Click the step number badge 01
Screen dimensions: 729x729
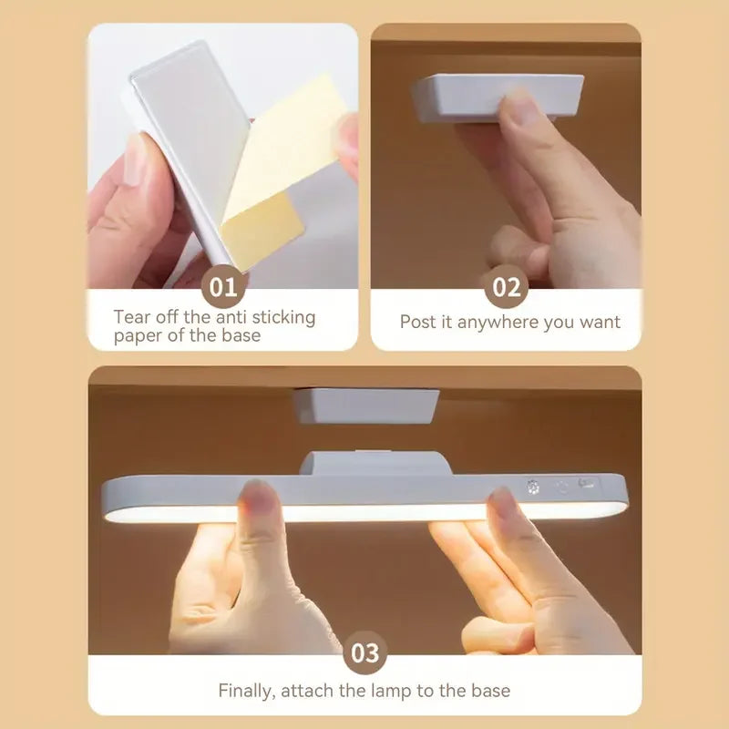click(223, 286)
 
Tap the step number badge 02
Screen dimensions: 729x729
click(507, 286)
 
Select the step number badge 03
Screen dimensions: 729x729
click(365, 652)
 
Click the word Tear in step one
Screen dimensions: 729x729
click(132, 317)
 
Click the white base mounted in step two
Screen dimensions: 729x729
click(498, 98)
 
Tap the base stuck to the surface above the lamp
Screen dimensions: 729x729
click(367, 406)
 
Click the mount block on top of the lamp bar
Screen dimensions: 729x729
click(370, 463)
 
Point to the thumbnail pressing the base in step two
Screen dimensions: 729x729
click(525, 107)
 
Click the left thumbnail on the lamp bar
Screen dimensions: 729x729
click(257, 498)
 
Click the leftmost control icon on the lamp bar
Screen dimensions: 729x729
click(533, 488)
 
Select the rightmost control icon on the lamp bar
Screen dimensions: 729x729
click(586, 484)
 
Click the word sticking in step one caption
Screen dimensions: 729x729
click(283, 318)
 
